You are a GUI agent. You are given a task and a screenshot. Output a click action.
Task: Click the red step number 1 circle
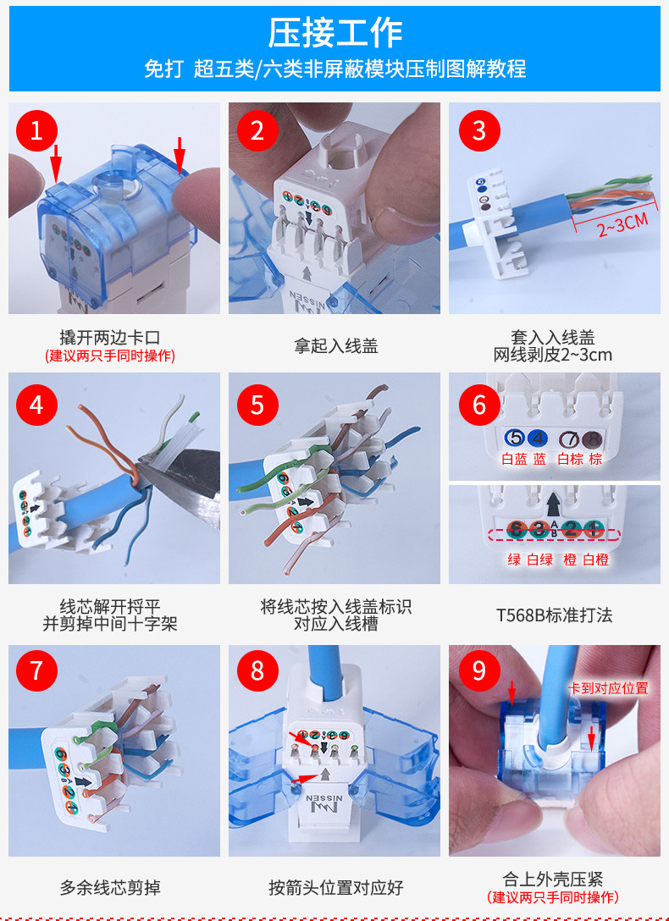[x=36, y=130]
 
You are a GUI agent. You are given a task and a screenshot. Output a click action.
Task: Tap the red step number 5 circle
[x=257, y=405]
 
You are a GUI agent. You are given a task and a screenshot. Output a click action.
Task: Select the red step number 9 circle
[x=479, y=670]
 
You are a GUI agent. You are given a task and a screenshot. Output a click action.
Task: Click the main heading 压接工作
[x=334, y=33]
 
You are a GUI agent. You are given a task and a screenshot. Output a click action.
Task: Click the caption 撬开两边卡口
[x=110, y=338]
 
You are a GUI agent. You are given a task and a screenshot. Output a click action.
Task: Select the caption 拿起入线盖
[x=335, y=346]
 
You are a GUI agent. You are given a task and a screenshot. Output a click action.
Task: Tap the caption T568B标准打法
[x=554, y=615]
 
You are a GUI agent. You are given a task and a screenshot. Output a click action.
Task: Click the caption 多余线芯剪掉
[x=110, y=887]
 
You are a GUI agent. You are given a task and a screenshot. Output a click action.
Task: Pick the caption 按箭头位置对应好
[x=335, y=887]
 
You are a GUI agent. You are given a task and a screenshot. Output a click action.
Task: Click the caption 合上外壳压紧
[x=553, y=879]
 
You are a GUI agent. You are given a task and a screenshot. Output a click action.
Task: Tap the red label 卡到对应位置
[x=608, y=688]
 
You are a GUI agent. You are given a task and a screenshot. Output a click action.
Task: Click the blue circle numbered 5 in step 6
[x=515, y=438]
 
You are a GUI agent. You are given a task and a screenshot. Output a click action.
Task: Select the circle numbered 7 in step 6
[x=569, y=438]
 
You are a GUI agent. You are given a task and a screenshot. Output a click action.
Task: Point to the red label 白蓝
[x=515, y=460]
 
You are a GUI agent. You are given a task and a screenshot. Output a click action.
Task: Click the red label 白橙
[x=595, y=560]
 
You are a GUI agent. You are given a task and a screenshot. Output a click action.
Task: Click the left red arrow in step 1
[x=56, y=163]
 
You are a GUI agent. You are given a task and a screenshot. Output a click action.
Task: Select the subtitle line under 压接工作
[x=334, y=69]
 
